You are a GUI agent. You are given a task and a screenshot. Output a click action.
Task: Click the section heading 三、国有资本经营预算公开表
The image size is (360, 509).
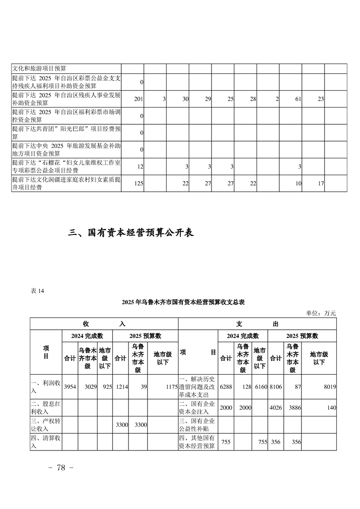coord(131,233)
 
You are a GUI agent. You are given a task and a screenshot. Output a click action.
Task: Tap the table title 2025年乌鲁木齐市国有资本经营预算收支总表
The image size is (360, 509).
coord(183,302)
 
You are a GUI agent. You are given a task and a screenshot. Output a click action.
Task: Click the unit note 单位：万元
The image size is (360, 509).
coord(321,313)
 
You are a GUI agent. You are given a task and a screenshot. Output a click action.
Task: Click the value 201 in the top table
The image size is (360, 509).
coord(139,99)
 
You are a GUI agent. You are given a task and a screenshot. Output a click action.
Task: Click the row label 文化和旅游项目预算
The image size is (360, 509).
coord(39,69)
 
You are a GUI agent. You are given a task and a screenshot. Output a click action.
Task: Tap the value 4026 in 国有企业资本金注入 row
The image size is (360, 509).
coord(276,408)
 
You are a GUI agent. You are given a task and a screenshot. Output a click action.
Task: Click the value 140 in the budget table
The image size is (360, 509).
coord(331,408)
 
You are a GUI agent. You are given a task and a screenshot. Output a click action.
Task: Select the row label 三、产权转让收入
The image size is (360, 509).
coord(46,425)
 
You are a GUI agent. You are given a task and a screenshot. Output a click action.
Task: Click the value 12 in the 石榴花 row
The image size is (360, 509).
coord(140,167)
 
